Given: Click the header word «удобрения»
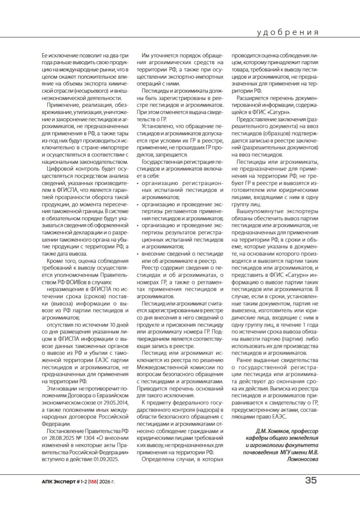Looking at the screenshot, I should [x=288, y=33].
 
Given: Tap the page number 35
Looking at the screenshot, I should [x=311, y=481].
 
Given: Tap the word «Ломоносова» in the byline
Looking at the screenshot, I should [x=302, y=459].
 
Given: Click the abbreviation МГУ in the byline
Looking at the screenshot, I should [x=287, y=452].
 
